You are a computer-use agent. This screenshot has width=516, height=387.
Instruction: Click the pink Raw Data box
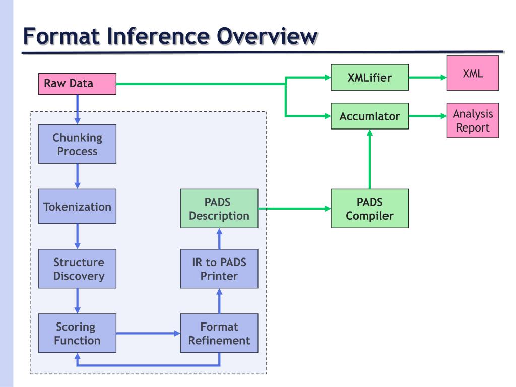[77, 84]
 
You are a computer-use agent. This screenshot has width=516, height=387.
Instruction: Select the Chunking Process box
[77, 144]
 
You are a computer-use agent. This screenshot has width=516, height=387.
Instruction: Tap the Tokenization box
[77, 207]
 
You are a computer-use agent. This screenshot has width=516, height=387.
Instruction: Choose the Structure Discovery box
[77, 269]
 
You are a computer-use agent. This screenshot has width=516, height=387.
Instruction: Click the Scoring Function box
[77, 333]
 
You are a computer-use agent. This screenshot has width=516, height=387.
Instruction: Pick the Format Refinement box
[219, 333]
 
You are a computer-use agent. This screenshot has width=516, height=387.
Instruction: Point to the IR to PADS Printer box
[219, 269]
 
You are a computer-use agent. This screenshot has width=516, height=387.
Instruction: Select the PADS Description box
[219, 209]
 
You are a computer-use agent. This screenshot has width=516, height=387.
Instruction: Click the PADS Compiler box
[369, 209]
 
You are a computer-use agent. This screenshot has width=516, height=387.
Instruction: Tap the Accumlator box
[369, 116]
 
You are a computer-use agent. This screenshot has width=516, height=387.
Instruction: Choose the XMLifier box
[369, 78]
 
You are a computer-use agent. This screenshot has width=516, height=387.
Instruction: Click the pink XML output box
[473, 73]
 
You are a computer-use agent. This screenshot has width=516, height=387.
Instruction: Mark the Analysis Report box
[473, 120]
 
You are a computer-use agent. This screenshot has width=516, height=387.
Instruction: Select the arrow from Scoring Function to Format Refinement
[148, 333]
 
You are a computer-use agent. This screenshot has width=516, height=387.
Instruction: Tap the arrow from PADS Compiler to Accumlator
[370, 159]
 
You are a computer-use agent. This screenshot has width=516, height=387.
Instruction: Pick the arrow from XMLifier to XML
[427, 78]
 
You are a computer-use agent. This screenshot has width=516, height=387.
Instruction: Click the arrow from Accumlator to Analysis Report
[427, 116]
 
